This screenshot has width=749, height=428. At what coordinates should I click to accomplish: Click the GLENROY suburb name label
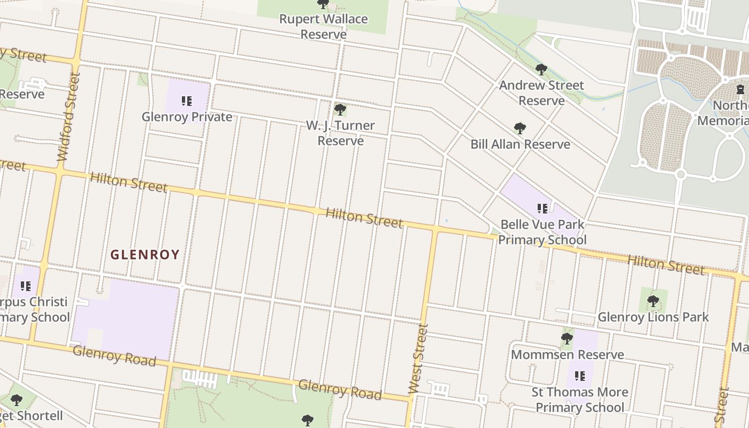tap(145, 255)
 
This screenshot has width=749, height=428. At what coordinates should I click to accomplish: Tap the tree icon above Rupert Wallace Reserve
tap(323, 4)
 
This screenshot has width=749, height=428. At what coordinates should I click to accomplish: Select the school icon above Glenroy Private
tap(186, 101)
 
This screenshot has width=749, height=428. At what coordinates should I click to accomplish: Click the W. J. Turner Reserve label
tap(340, 133)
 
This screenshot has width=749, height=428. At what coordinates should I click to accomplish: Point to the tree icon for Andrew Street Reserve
tap(541, 69)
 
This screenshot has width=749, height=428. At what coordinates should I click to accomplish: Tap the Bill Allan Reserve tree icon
tap(519, 128)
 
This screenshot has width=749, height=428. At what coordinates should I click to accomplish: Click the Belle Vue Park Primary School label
tap(542, 232)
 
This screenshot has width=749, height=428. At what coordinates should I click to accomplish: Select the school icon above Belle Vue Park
tap(542, 208)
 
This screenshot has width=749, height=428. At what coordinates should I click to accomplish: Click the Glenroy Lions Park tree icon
tap(653, 301)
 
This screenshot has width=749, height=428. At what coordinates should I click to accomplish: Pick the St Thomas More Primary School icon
tap(579, 376)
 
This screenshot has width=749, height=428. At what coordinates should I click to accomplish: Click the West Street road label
tap(418, 358)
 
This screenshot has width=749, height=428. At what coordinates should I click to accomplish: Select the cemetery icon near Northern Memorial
tap(740, 89)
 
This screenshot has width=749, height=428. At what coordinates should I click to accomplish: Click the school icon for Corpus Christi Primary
tap(25, 286)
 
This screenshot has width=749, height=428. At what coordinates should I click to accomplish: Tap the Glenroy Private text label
tap(187, 117)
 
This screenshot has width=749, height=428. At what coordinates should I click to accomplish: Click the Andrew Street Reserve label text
tap(541, 93)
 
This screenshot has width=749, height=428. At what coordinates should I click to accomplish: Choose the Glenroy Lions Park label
tap(653, 317)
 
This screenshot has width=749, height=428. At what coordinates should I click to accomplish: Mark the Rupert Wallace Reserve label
tap(323, 26)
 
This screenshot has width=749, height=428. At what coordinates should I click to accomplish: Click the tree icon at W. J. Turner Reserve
tap(340, 110)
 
